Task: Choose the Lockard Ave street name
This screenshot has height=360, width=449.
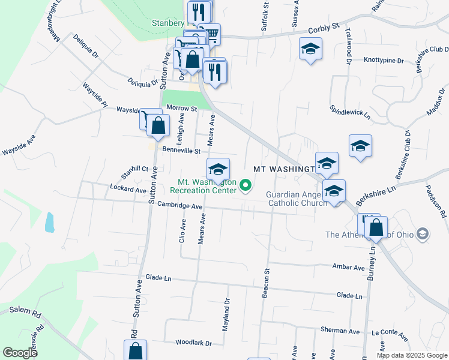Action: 128,189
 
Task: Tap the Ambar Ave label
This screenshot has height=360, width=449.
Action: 348,267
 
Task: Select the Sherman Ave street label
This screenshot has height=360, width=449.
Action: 340,331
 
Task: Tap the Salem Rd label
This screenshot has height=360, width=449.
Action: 25,312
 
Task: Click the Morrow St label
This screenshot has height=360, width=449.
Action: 181,108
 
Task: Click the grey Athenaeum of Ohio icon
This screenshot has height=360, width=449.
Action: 423,234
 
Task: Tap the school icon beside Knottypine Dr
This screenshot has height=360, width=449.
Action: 311,49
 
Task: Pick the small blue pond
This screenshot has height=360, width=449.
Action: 49,223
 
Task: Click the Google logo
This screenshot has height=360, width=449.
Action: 20,353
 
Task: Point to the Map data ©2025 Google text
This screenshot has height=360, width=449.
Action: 411,355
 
